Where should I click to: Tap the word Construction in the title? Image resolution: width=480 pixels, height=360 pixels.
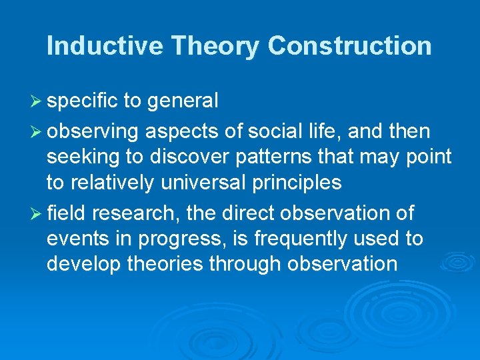click(x=349, y=46)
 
